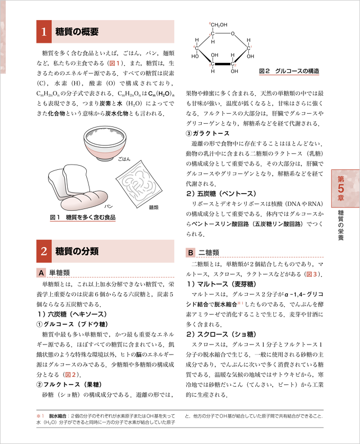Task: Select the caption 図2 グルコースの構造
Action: pyautogui.click(x=289, y=70)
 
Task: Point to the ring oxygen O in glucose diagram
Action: pyautogui.click(x=232, y=35)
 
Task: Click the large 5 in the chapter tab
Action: pyautogui.click(x=342, y=186)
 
